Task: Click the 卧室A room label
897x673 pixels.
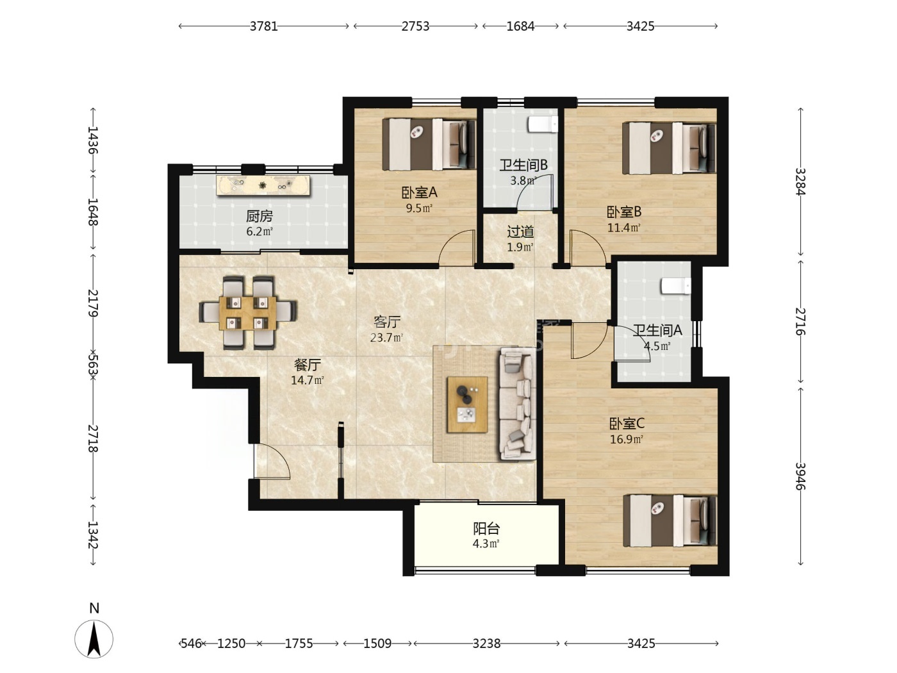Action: point(419,192)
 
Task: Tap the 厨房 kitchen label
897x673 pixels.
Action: point(259,216)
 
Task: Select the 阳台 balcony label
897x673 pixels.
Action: point(486,528)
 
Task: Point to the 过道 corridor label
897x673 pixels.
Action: point(520,232)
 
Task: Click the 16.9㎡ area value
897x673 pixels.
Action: point(627,439)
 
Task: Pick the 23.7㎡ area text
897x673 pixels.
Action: point(386,338)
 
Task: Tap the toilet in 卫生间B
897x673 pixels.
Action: point(543,124)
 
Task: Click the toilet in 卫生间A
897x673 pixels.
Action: point(676,286)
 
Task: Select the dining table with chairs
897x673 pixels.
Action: point(248,313)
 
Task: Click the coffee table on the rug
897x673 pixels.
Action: point(468,404)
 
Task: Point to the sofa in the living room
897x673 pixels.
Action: point(517,404)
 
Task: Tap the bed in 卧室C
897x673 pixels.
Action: point(670,520)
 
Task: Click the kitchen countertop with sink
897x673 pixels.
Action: point(263,185)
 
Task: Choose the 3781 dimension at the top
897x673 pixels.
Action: point(264,26)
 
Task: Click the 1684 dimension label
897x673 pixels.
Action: point(521,26)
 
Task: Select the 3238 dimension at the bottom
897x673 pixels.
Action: point(486,644)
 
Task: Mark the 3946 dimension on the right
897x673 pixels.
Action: point(800,476)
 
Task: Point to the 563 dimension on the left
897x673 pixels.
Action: point(93,365)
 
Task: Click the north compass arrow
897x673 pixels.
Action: point(94,639)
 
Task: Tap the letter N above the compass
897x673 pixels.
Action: point(94,608)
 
